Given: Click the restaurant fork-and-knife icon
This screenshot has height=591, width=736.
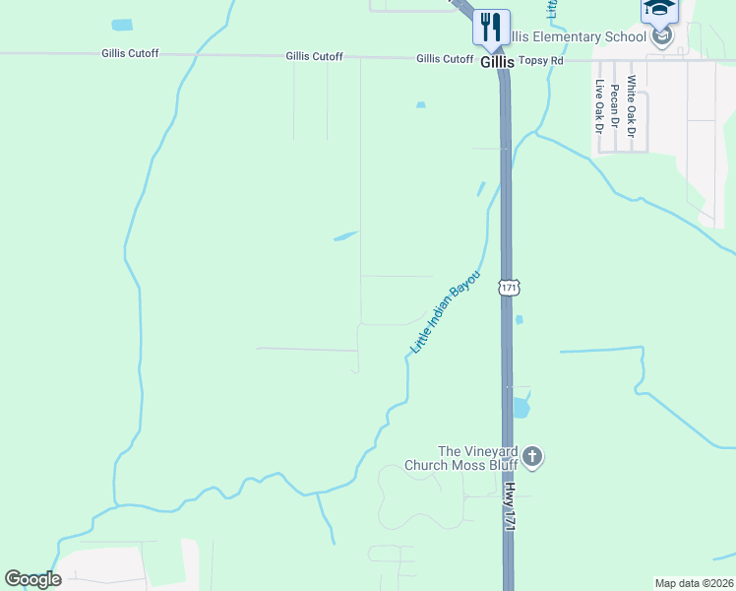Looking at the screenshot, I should pos(491,26).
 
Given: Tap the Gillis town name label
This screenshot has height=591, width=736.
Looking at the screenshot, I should pos(498,61).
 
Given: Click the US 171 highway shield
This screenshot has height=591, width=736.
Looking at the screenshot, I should pos(508,287).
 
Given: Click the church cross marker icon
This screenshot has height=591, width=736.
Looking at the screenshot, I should pos(532,457).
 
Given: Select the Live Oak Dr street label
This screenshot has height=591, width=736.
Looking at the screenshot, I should pos(597,106).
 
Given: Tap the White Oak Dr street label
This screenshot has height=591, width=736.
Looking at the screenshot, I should pos(631,105).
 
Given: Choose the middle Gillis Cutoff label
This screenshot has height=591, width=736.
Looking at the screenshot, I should pos(314,56).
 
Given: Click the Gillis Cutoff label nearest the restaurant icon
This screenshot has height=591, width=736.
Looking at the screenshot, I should pos(445,59).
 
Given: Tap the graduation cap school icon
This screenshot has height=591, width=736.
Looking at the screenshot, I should pos(659,10).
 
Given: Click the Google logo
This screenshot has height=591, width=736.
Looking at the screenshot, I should pos(32,579).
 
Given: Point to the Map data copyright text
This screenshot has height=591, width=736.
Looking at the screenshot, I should pos(694,583).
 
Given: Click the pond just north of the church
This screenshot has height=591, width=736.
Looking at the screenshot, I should pos(520,405).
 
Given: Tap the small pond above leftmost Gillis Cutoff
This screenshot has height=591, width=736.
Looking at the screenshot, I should pos(121,25).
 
